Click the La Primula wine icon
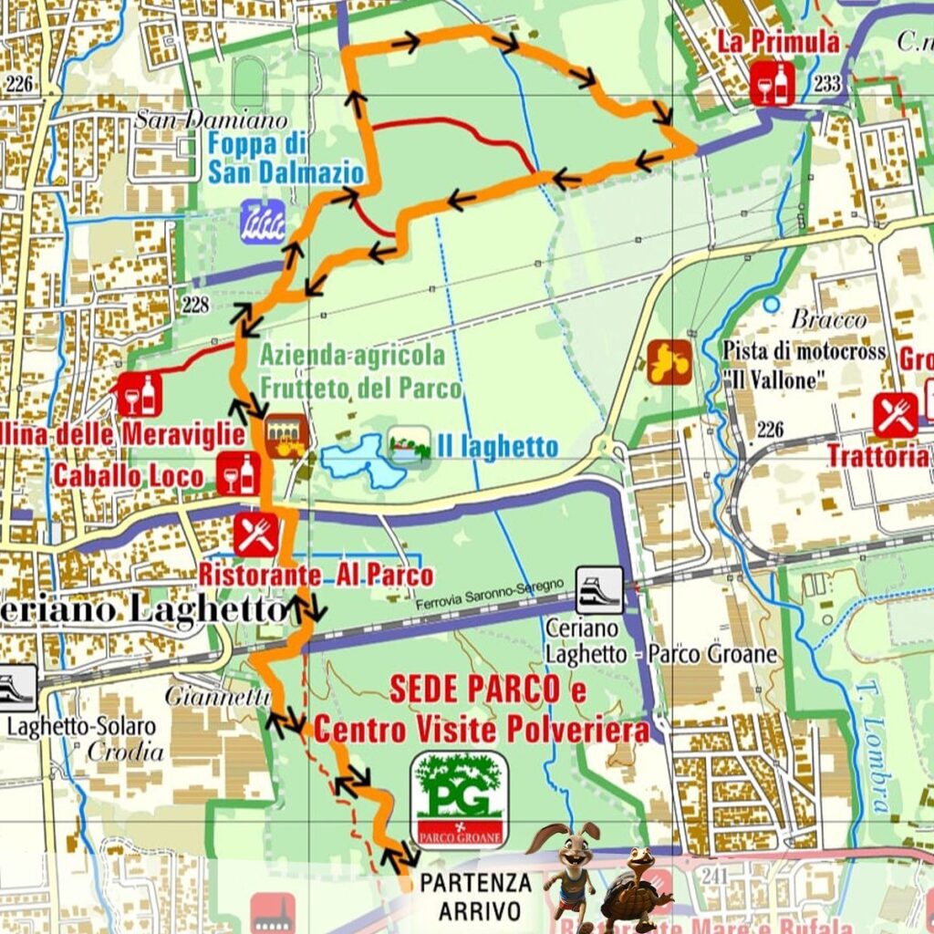click(x=772, y=84)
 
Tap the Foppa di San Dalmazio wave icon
click(x=263, y=220)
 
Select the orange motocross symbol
click(x=669, y=362)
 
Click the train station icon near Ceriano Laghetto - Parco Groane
click(x=599, y=590)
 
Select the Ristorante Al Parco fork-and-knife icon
click(x=255, y=534)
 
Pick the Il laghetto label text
click(x=496, y=447)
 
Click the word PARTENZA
click(x=475, y=882)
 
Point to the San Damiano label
click(x=211, y=119)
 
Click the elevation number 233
click(x=826, y=84)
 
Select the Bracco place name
click(x=828, y=319)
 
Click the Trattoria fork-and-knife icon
click(x=895, y=415)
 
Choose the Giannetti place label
click(x=217, y=696)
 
